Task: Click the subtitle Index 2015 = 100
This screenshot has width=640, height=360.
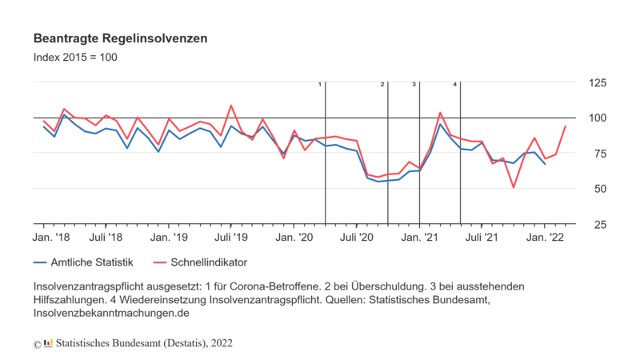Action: pyautogui.click(x=76, y=58)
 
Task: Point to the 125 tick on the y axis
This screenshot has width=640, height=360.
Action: pyautogui.click(x=598, y=83)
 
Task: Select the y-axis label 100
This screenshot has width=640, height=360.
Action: pyautogui.click(x=598, y=118)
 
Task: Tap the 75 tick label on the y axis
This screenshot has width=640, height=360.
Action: pyautogui.click(x=597, y=154)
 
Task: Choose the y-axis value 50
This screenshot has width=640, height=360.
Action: pyautogui.click(x=597, y=189)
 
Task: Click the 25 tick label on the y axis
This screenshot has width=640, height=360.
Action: pyautogui.click(x=597, y=224)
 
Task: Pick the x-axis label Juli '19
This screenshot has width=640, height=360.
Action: pyautogui.click(x=231, y=238)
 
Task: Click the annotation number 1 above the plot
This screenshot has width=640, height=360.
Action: pyautogui.click(x=321, y=84)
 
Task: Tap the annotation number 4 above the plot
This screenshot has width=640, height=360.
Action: pyautogui.click(x=455, y=84)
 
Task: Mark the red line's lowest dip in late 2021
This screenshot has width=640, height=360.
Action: pyautogui.click(x=513, y=187)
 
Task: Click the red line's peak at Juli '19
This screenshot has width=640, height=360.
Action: pyautogui.click(x=231, y=106)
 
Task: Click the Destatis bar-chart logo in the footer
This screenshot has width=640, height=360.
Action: pyautogui.click(x=48, y=342)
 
